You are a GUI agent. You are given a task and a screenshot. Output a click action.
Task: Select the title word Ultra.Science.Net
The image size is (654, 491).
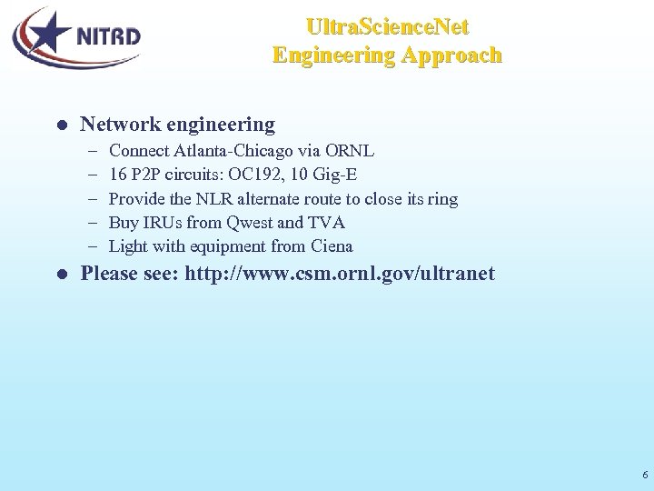(x=387, y=26)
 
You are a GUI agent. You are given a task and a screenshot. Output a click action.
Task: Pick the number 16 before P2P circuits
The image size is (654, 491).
(x=117, y=175)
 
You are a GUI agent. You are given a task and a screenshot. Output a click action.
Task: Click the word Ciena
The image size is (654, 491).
(x=332, y=245)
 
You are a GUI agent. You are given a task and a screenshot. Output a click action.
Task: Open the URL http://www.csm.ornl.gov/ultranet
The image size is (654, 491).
(x=340, y=274)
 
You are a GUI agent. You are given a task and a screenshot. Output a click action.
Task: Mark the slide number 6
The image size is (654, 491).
(x=644, y=475)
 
